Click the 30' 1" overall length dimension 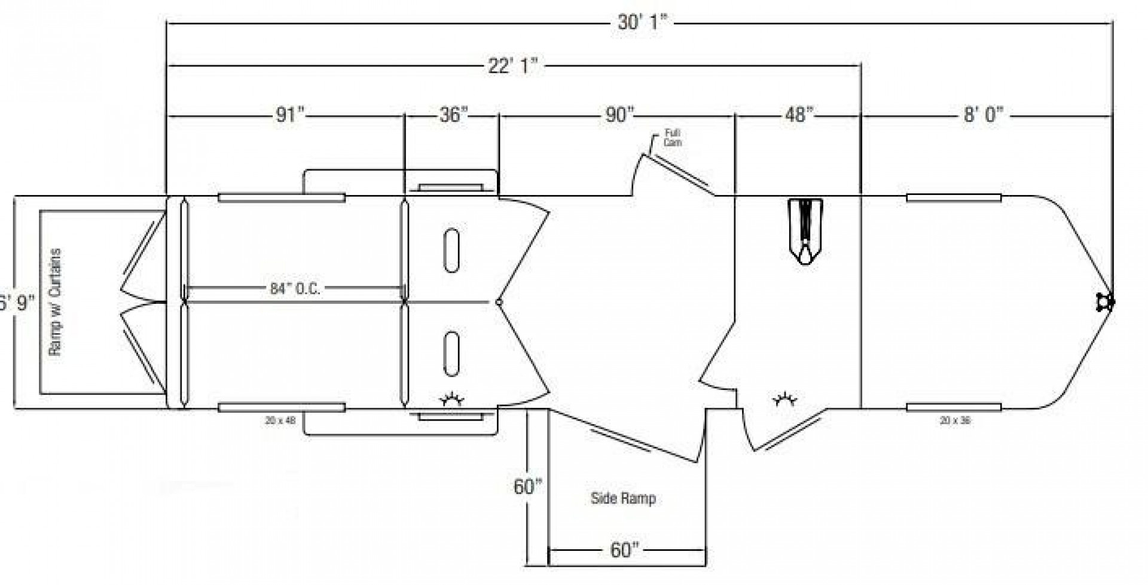click(x=642, y=23)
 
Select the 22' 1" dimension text click(x=512, y=65)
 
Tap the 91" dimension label click(x=290, y=114)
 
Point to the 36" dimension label click(x=453, y=114)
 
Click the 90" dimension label click(x=618, y=114)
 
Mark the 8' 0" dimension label click(x=983, y=114)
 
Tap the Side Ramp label click(x=623, y=498)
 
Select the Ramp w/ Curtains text click(x=55, y=302)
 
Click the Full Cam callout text click(x=673, y=138)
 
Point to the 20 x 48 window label click(x=280, y=421)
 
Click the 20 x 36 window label click(x=955, y=421)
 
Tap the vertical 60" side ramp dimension click(x=527, y=486)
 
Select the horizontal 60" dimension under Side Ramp click(x=624, y=550)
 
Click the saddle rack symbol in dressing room click(x=805, y=230)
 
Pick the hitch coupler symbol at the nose click(x=1105, y=302)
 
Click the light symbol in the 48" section click(x=784, y=399)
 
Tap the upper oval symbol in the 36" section click(x=452, y=251)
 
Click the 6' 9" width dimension click(x=17, y=303)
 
